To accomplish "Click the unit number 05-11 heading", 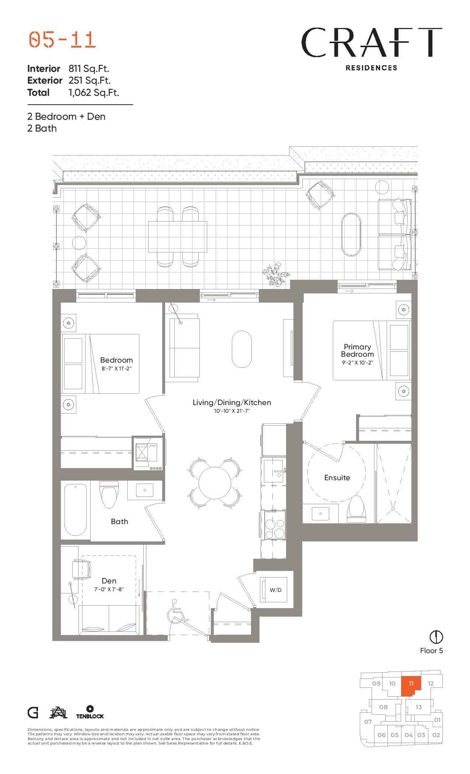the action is click(62, 40).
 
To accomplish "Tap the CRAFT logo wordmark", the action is click(371, 42).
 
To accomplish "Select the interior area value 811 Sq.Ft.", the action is click(89, 69).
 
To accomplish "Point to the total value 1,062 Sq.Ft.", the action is click(94, 93).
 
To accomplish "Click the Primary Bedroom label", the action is click(357, 351).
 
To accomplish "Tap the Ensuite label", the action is click(337, 478).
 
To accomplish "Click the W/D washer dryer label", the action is click(275, 590).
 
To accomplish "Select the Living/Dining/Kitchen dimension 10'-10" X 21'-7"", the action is click(231, 411).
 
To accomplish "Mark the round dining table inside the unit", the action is click(215, 483).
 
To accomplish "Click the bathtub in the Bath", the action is click(76, 510).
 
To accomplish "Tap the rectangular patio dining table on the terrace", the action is click(177, 237).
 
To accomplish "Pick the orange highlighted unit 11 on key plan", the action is click(410, 685).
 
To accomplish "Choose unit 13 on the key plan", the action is click(418, 707).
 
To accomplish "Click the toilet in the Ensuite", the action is click(356, 509).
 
